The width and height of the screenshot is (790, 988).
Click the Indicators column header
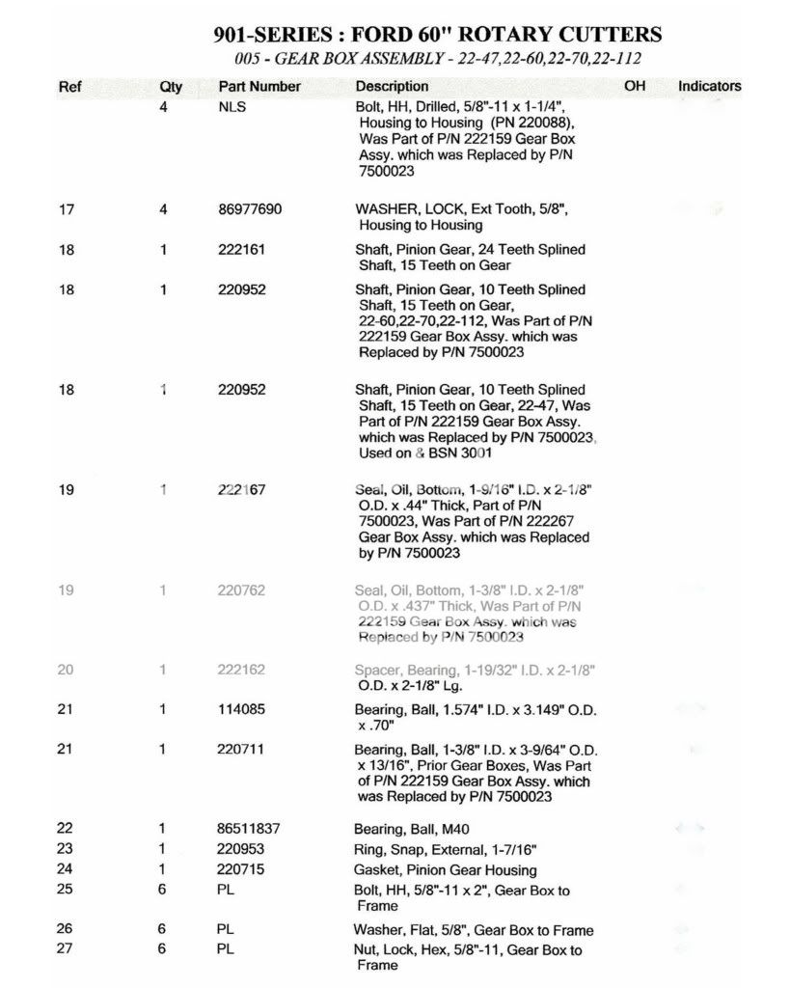[709, 86]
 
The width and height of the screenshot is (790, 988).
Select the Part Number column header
[259, 87]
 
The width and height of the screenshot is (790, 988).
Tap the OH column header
[634, 86]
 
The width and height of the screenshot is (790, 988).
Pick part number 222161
[241, 250]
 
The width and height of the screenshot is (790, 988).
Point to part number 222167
[241, 490]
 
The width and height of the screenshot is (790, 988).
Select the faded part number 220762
[241, 590]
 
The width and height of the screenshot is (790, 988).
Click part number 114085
[241, 709]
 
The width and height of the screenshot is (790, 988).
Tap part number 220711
[241, 749]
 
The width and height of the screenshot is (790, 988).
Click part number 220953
[241, 849]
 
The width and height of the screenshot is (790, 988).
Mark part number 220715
[241, 869]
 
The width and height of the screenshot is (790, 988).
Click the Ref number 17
[67, 209]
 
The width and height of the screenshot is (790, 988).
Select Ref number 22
[67, 829]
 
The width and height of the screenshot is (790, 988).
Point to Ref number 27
[67, 949]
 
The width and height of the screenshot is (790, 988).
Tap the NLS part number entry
[232, 107]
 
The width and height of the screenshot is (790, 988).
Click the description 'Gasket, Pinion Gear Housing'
[447, 870]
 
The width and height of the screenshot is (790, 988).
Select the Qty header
[171, 87]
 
